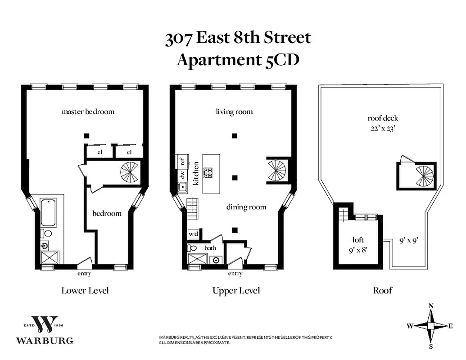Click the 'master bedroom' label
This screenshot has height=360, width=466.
click(88, 111)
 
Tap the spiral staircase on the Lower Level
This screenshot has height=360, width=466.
click(130, 172)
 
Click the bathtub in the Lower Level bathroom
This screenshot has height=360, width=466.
click(48, 213)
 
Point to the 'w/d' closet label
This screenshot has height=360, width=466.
click(193, 234)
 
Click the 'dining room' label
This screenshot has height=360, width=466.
click(246, 207)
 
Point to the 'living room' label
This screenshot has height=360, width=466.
click(234, 112)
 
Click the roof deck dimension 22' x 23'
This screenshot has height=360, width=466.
click(383, 127)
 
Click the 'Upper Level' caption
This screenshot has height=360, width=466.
click(236, 291)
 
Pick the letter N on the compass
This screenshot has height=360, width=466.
click(431, 306)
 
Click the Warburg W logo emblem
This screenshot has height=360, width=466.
click(45, 323)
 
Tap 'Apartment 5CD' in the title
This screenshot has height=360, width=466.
click(237, 60)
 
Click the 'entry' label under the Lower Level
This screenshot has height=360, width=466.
click(84, 274)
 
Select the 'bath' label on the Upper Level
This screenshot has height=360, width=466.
click(210, 248)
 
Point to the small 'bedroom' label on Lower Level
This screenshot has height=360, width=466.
click(107, 213)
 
